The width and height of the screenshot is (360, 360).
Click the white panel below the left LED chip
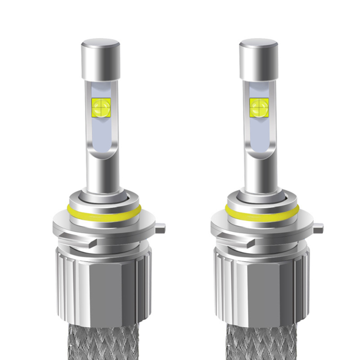pyautogui.click(x=100, y=135)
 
